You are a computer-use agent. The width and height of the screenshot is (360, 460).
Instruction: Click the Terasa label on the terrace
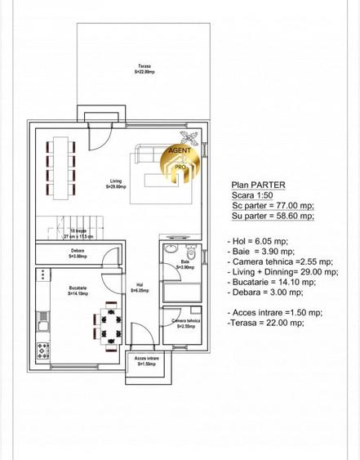tap(144, 69)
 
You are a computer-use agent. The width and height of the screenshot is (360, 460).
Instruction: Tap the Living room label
tap(116, 184)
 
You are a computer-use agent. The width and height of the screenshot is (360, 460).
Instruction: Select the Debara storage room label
tap(78, 253)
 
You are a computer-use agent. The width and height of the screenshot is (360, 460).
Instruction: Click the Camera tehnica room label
tap(184, 324)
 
